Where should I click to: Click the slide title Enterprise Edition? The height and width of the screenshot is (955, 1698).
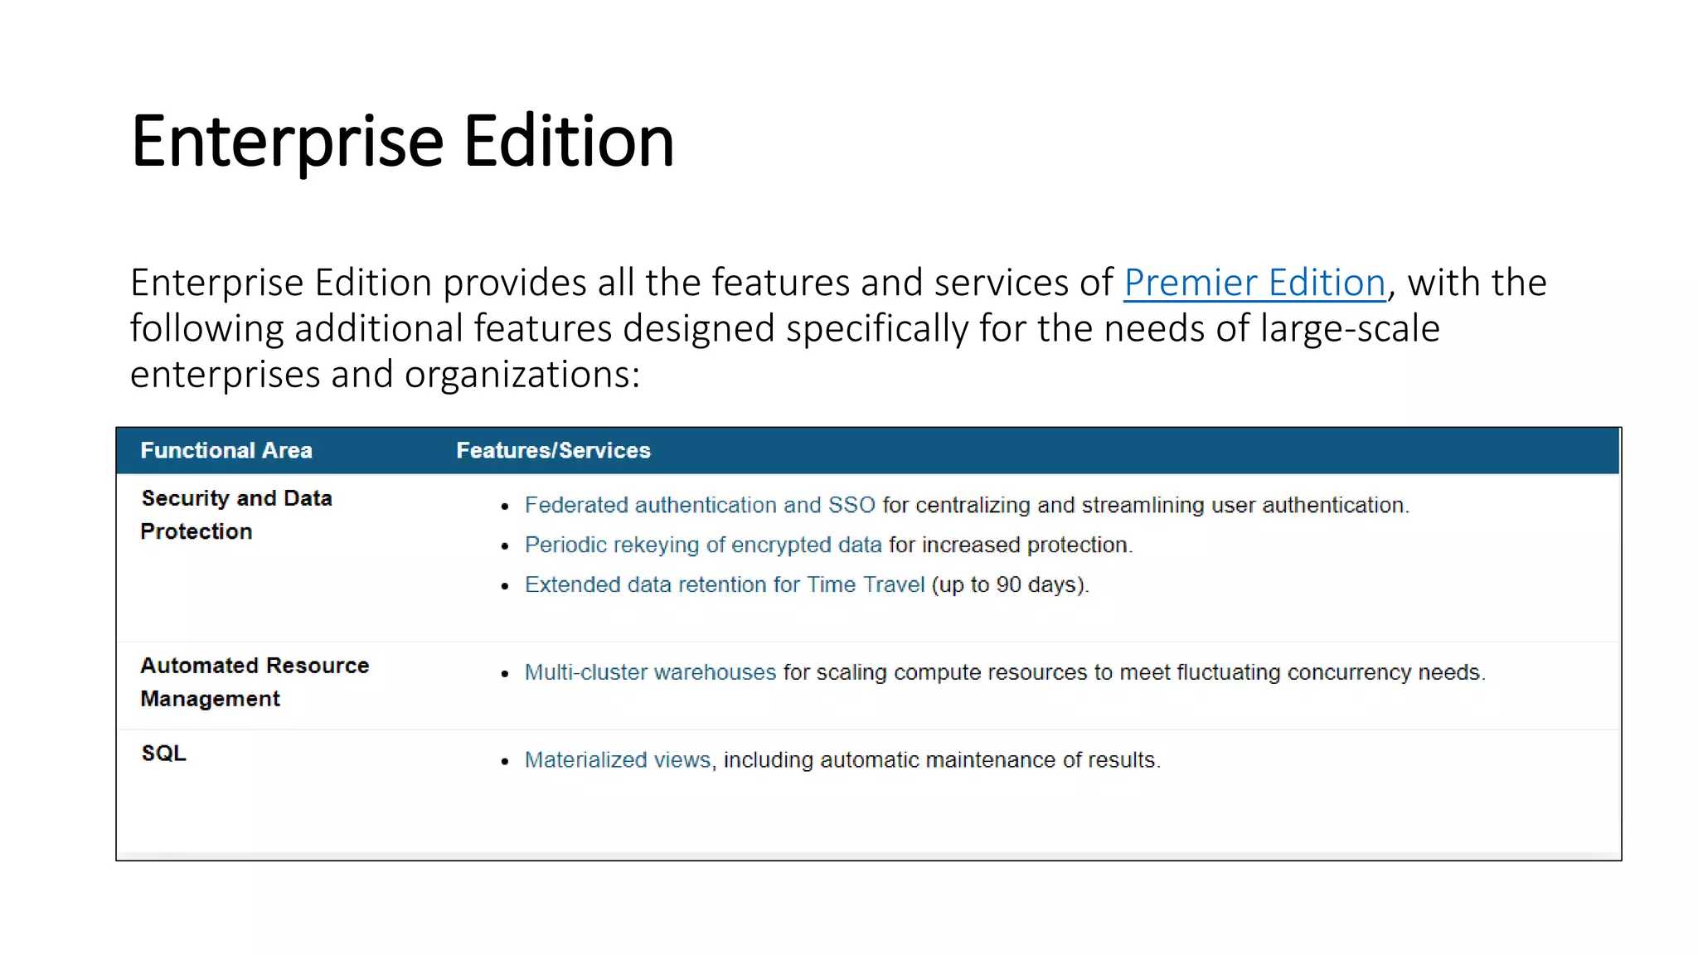pos(402,142)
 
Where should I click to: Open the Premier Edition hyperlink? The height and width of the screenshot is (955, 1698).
pos(1254,283)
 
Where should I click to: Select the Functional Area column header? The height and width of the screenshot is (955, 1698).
pos(226,450)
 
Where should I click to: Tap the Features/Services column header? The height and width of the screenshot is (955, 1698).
pos(553,450)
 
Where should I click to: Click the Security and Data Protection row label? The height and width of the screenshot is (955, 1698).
pos(236,515)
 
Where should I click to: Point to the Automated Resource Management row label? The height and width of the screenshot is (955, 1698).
pos(255,682)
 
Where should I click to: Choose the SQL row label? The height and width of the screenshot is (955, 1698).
pos(163,754)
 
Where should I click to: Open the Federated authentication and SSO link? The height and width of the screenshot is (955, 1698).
pos(700,505)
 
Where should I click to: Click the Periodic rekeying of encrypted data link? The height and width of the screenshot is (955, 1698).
pos(703,545)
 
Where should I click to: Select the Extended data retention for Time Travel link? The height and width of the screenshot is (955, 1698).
pos(725,584)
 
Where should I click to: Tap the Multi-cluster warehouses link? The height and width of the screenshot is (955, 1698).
pos(650,672)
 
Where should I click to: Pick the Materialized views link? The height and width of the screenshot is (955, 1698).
pos(618,760)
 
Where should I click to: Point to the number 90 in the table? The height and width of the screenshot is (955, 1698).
pos(1008,584)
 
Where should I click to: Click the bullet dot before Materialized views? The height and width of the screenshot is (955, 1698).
pos(504,762)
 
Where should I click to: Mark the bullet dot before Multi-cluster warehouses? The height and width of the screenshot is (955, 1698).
pos(504,674)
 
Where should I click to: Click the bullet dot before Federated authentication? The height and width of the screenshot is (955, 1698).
pos(504,507)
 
